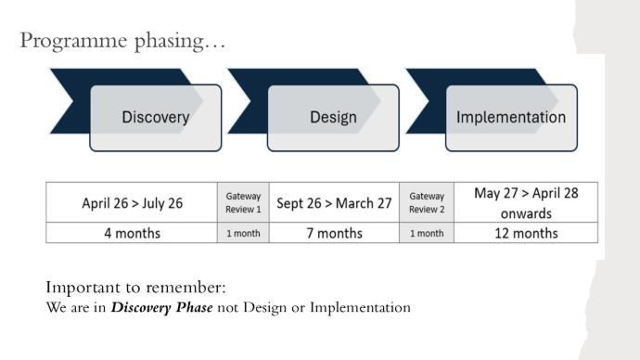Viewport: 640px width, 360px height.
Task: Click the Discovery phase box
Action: tap(156, 118)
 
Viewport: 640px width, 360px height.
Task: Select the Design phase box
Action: tap(333, 118)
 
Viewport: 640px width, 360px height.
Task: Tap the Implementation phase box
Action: tap(511, 118)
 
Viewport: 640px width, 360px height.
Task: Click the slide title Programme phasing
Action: tap(122, 41)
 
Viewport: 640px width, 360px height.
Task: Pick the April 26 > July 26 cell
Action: tap(132, 203)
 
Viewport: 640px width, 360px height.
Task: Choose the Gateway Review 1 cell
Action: tap(243, 203)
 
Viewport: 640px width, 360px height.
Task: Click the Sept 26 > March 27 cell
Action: tap(334, 203)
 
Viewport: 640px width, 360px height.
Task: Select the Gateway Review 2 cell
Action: tap(427, 203)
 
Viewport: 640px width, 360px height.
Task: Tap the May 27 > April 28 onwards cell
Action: tap(526, 203)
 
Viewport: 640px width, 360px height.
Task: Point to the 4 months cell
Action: tap(132, 233)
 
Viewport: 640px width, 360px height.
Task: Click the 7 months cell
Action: tap(334, 233)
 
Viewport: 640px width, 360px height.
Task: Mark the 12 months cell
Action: tap(526, 233)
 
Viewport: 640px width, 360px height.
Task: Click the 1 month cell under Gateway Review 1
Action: tap(243, 233)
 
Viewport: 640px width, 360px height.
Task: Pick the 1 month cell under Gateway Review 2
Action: tap(427, 233)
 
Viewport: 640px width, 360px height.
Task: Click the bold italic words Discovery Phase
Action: tap(162, 307)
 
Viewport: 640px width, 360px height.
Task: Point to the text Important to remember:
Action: tap(135, 288)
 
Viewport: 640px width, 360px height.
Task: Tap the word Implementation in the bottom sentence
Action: tap(361, 307)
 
